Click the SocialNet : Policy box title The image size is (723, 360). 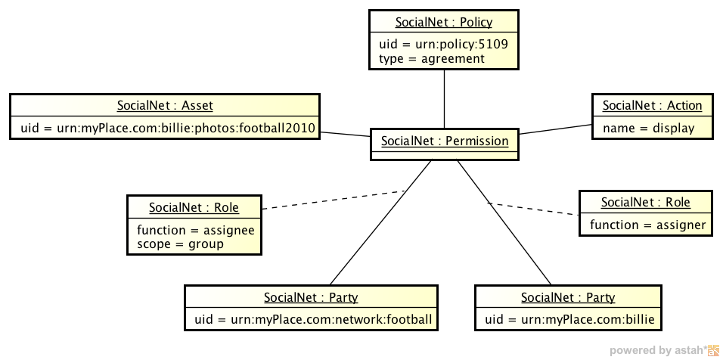pyautogui.click(x=443, y=23)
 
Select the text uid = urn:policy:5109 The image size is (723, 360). pyautogui.click(x=443, y=45)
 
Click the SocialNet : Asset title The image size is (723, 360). pyautogui.click(x=165, y=106)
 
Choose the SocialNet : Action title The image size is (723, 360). pyautogui.click(x=652, y=106)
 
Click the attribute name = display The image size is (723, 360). pyautogui.click(x=648, y=128)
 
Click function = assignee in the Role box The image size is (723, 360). pyautogui.click(x=196, y=230)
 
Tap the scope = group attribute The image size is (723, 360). pyautogui.click(x=180, y=244)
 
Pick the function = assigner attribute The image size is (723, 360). pyautogui.click(x=647, y=225)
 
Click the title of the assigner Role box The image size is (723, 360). pyautogui.click(x=645, y=203)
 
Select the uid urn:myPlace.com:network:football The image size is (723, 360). pyautogui.click(x=313, y=319)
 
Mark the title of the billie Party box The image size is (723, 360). pyautogui.click(x=568, y=297)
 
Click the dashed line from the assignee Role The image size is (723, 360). pyautogui.click(x=333, y=199)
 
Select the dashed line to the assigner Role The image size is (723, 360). pyautogui.click(x=533, y=209)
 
